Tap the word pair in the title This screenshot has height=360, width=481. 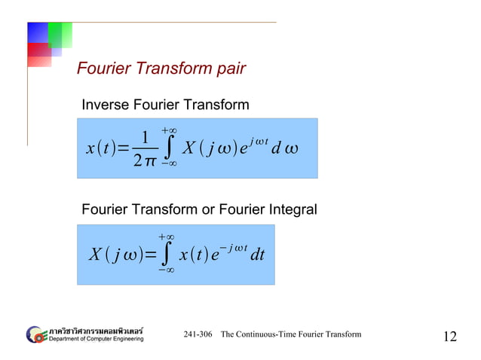click(x=230, y=71)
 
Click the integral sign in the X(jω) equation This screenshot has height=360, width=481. click(x=164, y=256)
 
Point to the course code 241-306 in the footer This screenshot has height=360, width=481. click(x=198, y=334)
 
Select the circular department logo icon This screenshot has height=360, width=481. click(x=35, y=334)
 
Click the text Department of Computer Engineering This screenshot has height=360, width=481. click(x=95, y=339)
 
